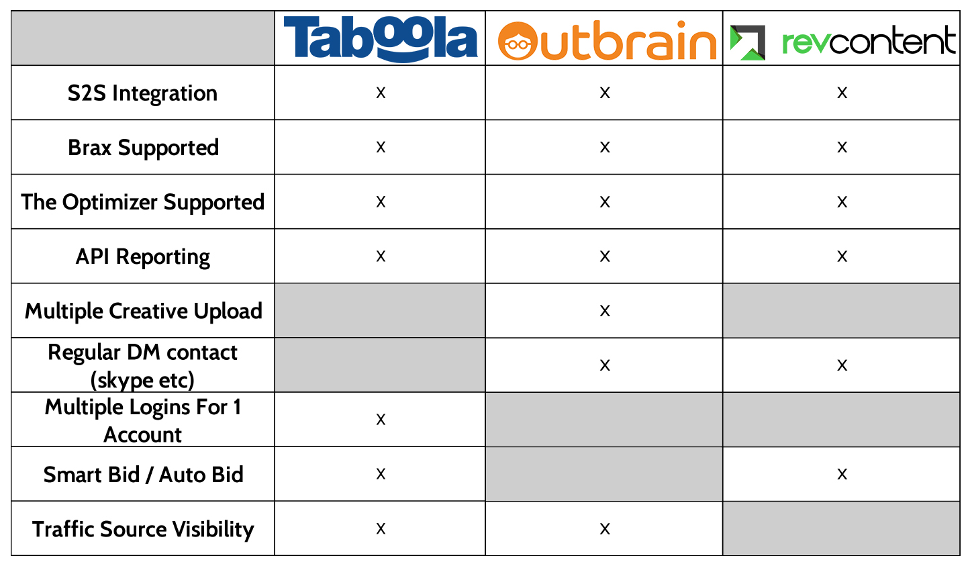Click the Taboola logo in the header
point(380,38)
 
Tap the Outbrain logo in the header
point(607,40)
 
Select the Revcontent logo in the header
point(842,42)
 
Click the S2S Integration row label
point(142,93)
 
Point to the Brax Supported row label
point(144,148)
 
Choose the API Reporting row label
point(143,256)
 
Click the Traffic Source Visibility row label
point(143,529)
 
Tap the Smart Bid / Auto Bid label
point(144,475)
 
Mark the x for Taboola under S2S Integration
point(381,93)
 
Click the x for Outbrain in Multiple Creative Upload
point(605,311)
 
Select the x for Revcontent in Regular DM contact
point(842,365)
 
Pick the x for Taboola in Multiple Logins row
point(381,420)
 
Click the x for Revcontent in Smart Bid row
point(842,474)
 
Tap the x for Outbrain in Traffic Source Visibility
point(605,529)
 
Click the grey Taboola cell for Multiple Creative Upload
point(380,310)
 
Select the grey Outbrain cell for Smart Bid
point(604,474)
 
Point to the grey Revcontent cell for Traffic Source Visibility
point(841,528)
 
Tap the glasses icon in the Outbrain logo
point(518,44)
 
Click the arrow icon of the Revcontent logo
point(747,42)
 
